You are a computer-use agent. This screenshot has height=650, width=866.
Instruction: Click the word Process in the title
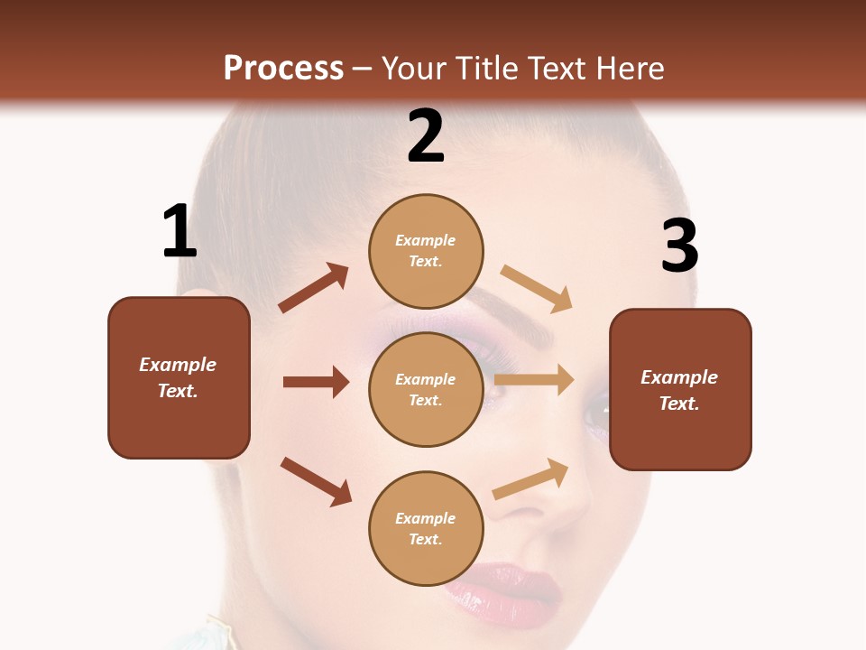283,68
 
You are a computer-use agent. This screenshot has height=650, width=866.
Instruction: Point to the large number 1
180,232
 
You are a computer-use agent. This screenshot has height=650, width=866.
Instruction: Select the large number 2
426,136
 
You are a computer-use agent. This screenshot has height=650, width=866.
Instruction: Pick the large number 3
679,246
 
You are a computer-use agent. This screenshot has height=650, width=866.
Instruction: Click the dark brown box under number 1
179,377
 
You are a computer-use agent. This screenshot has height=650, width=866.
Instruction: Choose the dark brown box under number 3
680,390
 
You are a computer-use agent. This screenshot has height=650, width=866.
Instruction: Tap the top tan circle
426,251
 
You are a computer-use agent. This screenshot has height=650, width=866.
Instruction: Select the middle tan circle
426,389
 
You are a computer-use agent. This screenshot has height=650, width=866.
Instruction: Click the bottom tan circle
426,528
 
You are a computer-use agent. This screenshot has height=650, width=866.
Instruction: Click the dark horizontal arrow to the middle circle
316,382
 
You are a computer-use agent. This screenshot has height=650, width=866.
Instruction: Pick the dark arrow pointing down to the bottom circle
316,481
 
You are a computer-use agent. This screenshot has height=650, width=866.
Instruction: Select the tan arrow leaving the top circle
537,288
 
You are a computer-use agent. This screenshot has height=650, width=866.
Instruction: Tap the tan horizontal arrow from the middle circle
534,380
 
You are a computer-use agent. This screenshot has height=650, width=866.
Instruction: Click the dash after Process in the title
363,69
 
